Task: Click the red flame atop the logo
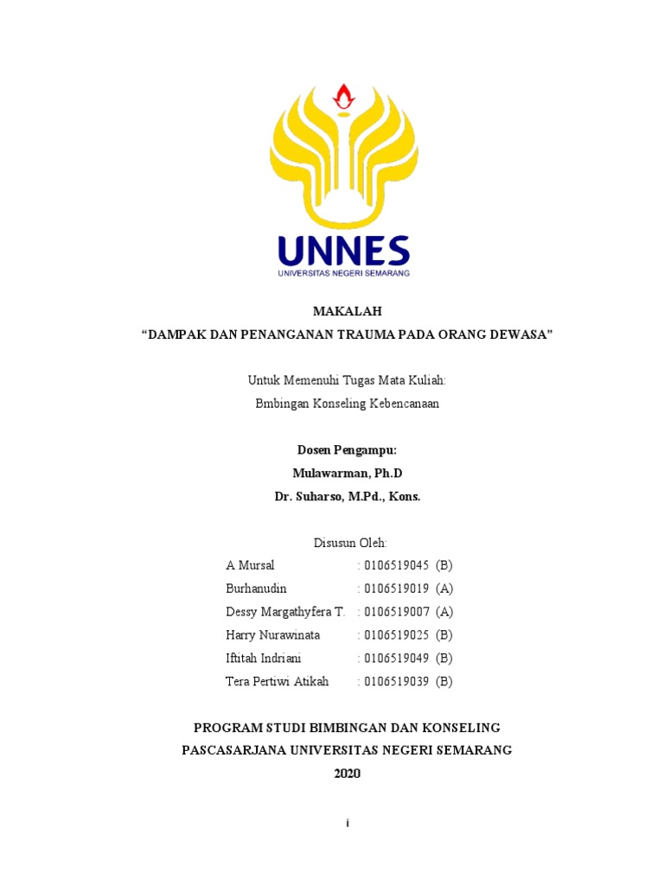(345, 98)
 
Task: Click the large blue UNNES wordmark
(343, 251)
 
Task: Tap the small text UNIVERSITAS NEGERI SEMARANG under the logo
(343, 273)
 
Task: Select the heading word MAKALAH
(346, 312)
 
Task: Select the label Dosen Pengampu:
(347, 450)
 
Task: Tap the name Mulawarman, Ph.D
(347, 474)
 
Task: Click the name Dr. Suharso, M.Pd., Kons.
(347, 497)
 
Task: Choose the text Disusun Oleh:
(348, 543)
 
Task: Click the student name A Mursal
(250, 566)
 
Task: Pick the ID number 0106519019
(397, 589)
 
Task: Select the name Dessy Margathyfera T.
(285, 612)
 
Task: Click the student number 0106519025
(397, 635)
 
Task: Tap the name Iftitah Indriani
(264, 659)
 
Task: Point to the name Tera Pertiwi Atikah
(277, 681)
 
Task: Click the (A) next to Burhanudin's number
(444, 589)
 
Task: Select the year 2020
(347, 774)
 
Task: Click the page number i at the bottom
(347, 824)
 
